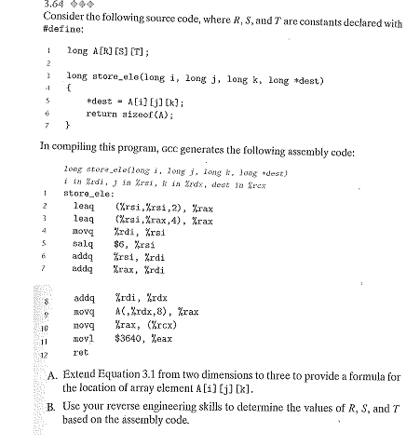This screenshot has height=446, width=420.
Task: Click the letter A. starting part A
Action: pos(53,374)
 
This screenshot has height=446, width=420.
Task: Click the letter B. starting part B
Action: pos(53,406)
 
